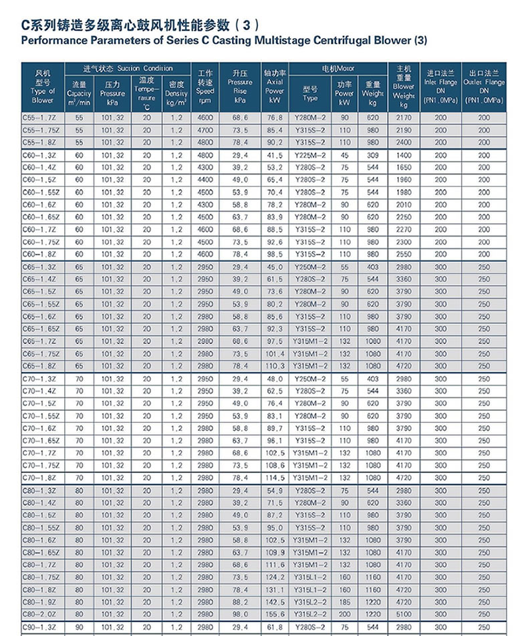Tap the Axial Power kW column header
pos(275,86)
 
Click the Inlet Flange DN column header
pos(440,86)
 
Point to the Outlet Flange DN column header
pos(485,86)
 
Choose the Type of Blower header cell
pos(43,86)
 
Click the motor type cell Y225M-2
pos(310,155)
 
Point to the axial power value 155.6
pos(275,614)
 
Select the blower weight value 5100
pos(404,614)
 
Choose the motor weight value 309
pos(372,155)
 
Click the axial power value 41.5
pos(275,155)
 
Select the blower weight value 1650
pos(404,167)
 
